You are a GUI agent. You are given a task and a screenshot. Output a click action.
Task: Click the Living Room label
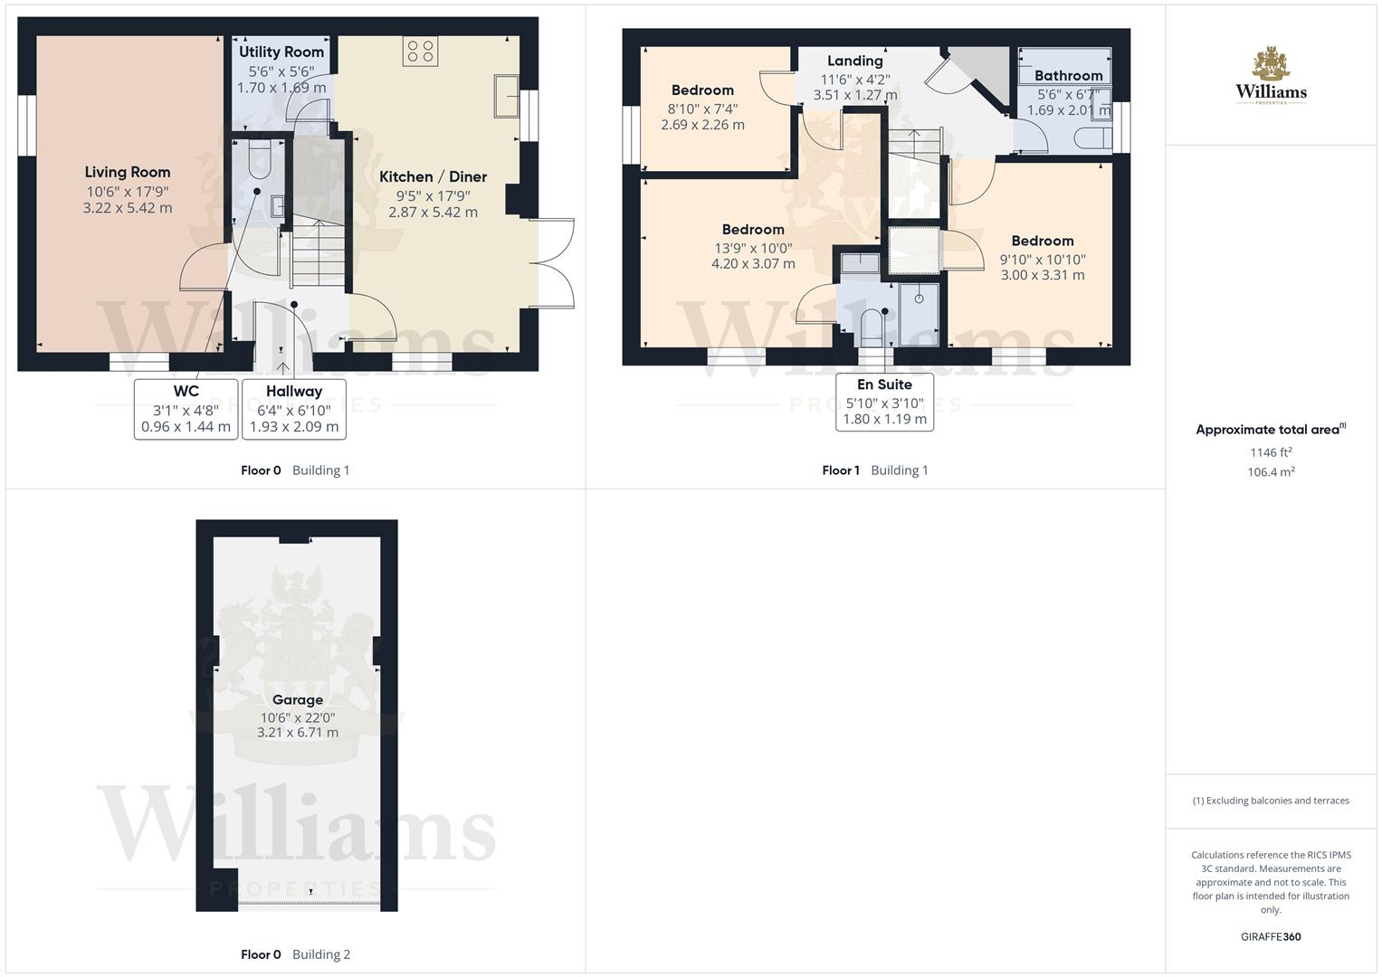point(128,172)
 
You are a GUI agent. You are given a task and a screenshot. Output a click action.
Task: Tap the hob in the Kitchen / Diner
point(420,51)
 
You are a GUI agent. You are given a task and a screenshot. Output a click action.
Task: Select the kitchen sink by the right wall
point(506,97)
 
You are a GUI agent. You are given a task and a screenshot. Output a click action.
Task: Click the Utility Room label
point(281,52)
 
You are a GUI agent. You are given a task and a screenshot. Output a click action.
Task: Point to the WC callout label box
point(186,409)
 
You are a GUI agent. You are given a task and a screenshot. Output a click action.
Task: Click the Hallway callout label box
point(294,409)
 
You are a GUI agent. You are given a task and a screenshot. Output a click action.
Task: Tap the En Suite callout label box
point(884,402)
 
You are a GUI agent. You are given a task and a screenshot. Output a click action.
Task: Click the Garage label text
point(298,699)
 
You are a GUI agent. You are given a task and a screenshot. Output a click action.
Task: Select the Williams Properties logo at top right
point(1271,76)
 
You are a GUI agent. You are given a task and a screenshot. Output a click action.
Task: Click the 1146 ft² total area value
point(1271,452)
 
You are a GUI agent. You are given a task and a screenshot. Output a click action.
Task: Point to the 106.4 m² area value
point(1271,472)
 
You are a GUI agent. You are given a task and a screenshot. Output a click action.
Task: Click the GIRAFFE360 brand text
point(1271,937)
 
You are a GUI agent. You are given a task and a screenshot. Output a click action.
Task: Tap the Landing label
point(855,61)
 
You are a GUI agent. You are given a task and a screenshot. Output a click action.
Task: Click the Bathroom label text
point(1068,76)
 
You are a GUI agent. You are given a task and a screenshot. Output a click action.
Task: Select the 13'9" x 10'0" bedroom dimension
point(753,247)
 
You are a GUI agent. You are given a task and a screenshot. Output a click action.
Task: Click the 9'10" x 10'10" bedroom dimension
point(1043,259)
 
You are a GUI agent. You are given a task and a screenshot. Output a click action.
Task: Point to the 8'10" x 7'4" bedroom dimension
point(702,108)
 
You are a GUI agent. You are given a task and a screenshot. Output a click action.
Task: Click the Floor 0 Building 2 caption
point(295,954)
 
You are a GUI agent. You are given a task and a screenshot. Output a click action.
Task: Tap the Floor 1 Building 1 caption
point(875,470)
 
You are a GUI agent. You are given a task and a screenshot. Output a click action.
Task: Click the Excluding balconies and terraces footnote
point(1271,801)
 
